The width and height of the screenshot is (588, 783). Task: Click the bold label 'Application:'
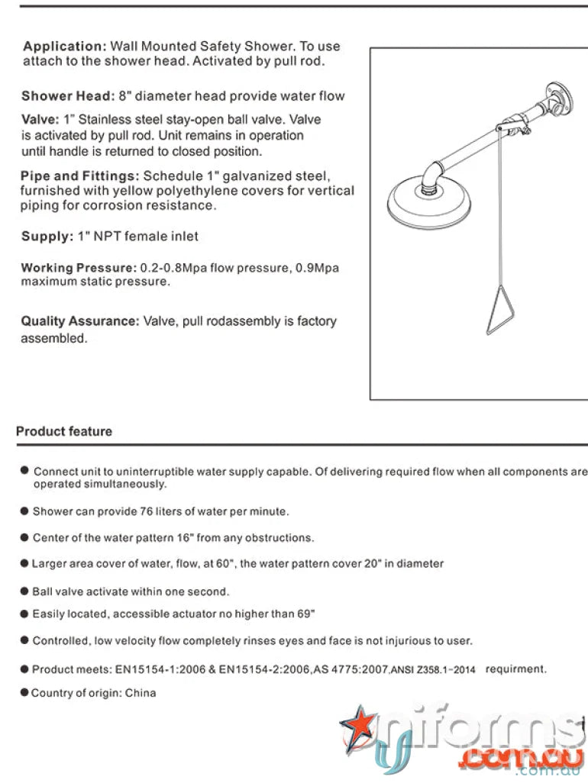click(x=64, y=47)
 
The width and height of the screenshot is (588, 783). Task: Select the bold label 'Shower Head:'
click(x=67, y=96)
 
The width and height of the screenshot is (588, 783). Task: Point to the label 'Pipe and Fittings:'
click(x=80, y=176)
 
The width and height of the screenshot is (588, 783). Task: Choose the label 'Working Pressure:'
click(x=78, y=268)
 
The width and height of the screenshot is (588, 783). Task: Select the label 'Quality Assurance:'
click(x=80, y=321)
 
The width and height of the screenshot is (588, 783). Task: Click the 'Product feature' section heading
click(x=64, y=431)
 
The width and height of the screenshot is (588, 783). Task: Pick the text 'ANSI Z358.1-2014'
click(x=433, y=670)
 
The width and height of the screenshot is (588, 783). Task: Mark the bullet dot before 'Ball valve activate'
click(x=24, y=591)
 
